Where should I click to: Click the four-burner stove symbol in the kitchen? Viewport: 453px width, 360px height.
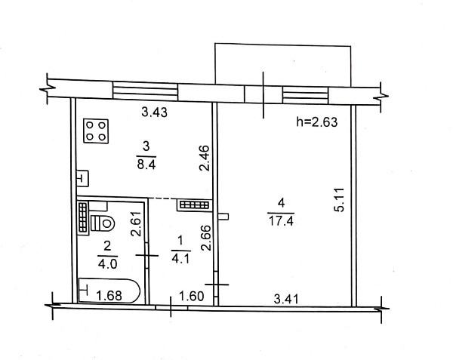[96, 131]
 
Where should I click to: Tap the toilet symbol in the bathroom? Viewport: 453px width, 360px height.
[103, 223]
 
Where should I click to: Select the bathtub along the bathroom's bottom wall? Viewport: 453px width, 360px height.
[109, 291]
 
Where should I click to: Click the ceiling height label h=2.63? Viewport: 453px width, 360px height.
[317, 122]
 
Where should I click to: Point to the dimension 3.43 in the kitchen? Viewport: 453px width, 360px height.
[155, 112]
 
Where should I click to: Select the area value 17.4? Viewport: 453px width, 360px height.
[281, 221]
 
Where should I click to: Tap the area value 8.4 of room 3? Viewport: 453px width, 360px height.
[146, 165]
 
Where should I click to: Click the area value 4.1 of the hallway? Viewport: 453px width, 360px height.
[180, 258]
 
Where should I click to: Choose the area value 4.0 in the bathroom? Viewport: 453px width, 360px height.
[107, 264]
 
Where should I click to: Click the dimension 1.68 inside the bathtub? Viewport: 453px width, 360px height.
[109, 296]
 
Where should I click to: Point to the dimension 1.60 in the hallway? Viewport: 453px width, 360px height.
[192, 296]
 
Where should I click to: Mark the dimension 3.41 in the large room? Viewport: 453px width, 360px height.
[286, 299]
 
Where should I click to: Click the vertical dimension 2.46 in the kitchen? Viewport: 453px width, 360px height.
[205, 158]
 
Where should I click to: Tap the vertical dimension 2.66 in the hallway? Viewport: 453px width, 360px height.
[205, 237]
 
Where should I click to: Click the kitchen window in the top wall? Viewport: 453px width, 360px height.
[145, 91]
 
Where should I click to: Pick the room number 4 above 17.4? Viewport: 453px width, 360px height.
[281, 203]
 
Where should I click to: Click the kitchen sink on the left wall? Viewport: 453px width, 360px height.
[82, 178]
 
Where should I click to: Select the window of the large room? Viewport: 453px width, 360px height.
[306, 95]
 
